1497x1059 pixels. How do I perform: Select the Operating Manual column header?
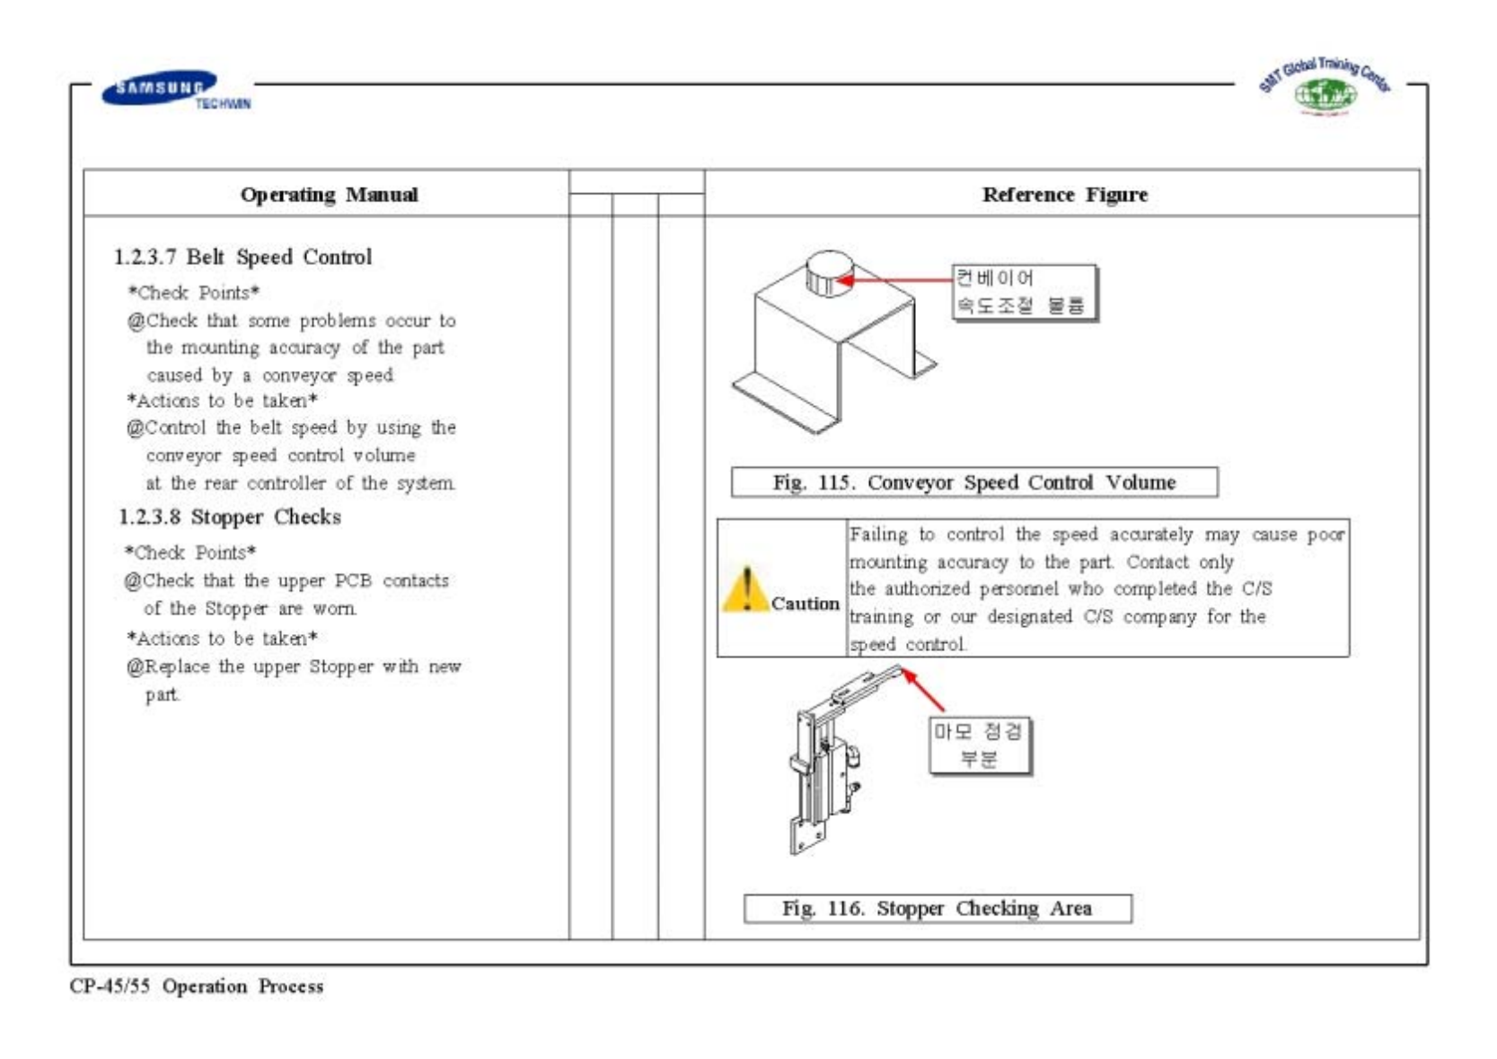point(329,195)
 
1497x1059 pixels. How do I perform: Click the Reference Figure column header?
point(1064,195)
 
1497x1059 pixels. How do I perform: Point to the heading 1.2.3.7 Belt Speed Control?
point(242,257)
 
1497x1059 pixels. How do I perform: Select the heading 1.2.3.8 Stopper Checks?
point(230,517)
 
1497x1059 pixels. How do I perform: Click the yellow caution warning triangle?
point(744,589)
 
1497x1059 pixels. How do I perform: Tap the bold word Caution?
point(805,604)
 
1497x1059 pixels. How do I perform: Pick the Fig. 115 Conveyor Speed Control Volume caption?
point(974,482)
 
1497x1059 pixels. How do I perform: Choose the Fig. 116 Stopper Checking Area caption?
point(937,908)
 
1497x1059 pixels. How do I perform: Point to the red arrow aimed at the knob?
point(893,279)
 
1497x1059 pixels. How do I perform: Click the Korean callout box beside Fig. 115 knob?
point(1025,292)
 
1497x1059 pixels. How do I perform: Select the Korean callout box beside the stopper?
point(979,745)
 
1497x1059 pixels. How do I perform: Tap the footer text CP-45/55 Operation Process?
point(197,986)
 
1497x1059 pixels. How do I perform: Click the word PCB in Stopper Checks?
point(353,581)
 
